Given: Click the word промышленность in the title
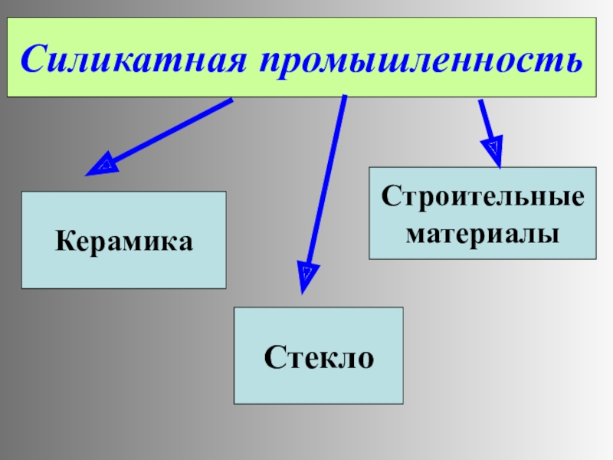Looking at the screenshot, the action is pos(421,58).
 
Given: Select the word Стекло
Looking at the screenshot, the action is pos(319,356).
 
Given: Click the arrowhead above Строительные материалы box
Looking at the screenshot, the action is pos(494,149).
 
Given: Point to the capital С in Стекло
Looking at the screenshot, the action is pos(273,356).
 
